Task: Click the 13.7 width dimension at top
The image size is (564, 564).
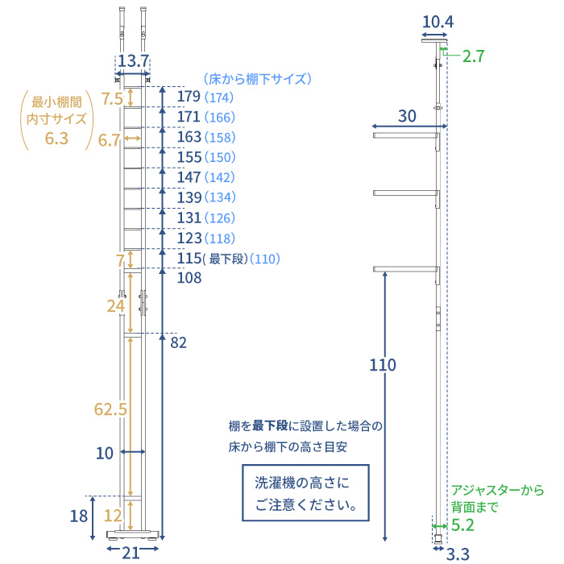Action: point(133,61)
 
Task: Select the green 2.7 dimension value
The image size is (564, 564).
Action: point(475,56)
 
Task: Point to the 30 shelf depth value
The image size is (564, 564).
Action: point(408,116)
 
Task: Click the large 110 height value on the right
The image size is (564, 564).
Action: point(383,365)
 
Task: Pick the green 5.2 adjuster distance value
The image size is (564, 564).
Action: point(463,525)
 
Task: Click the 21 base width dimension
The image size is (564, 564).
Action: point(131,552)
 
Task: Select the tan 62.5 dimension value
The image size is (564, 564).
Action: point(110,409)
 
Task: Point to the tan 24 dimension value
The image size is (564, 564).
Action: point(116,306)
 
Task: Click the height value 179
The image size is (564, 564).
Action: point(189,97)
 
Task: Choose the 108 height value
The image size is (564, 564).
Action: point(189,278)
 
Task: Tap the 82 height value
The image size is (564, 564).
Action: point(178,343)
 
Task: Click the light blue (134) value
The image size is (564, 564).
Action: point(220,198)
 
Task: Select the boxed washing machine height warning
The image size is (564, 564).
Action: point(305,494)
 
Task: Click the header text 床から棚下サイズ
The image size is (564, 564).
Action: point(256,79)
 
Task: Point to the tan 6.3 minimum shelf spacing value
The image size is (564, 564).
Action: point(56,139)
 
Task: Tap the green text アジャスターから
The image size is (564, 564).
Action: point(497,490)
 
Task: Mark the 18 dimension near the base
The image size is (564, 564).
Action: point(78,516)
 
